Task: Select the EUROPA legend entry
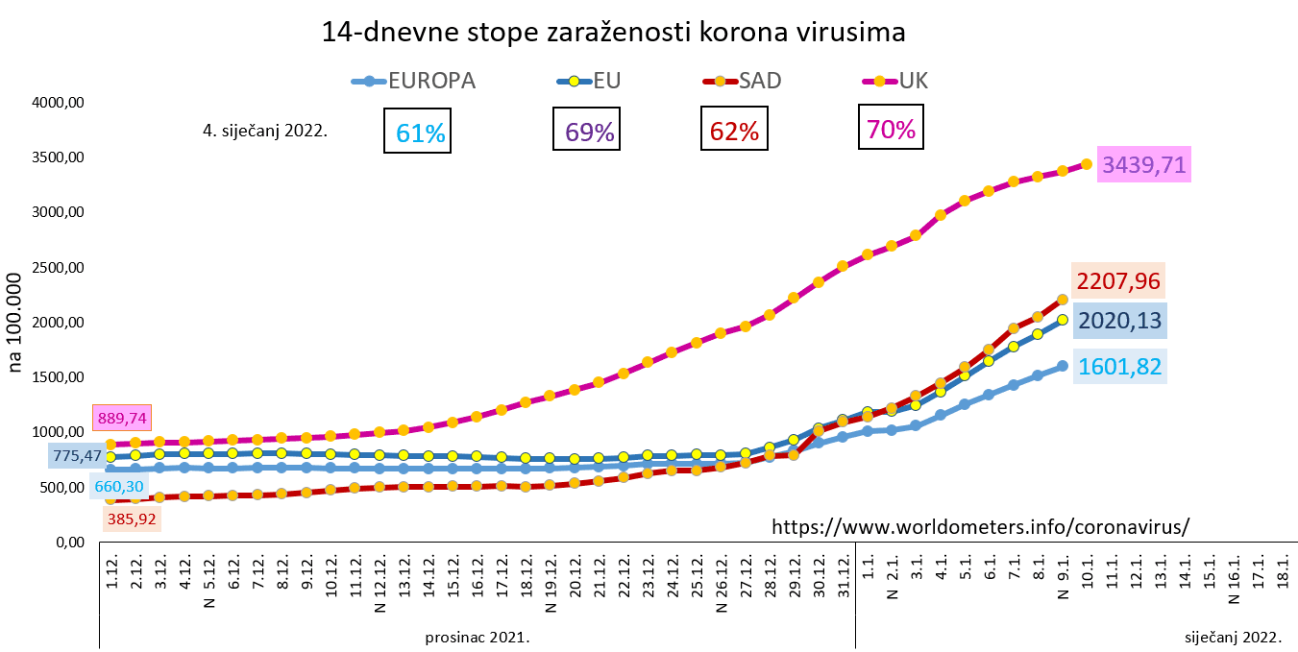[x=415, y=81]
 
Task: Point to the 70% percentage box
[x=891, y=128]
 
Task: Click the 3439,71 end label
[x=1144, y=165]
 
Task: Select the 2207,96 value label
[x=1119, y=282]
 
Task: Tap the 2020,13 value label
[x=1119, y=321]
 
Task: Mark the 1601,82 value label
[x=1119, y=366]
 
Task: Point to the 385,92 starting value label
[x=132, y=519]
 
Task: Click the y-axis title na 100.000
[x=16, y=321]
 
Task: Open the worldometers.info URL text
[x=981, y=527]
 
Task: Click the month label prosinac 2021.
[x=478, y=637]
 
